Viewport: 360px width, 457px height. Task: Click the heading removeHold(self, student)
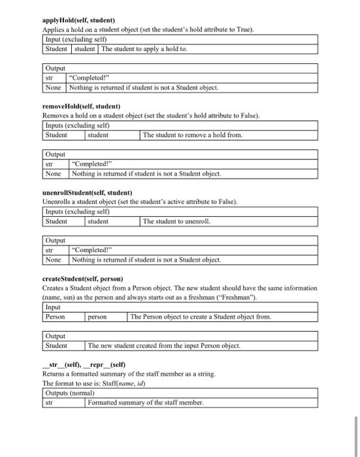(81, 106)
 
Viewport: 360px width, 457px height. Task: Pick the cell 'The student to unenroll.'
(176, 221)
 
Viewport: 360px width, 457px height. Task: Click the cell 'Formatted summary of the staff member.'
(145, 403)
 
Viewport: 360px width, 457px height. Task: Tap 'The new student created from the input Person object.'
(164, 345)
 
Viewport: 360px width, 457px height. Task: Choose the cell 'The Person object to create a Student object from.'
(201, 317)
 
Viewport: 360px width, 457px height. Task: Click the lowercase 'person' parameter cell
(99, 317)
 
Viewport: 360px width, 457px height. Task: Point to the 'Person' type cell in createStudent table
(55, 317)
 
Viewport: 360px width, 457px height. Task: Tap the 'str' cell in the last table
(49, 403)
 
